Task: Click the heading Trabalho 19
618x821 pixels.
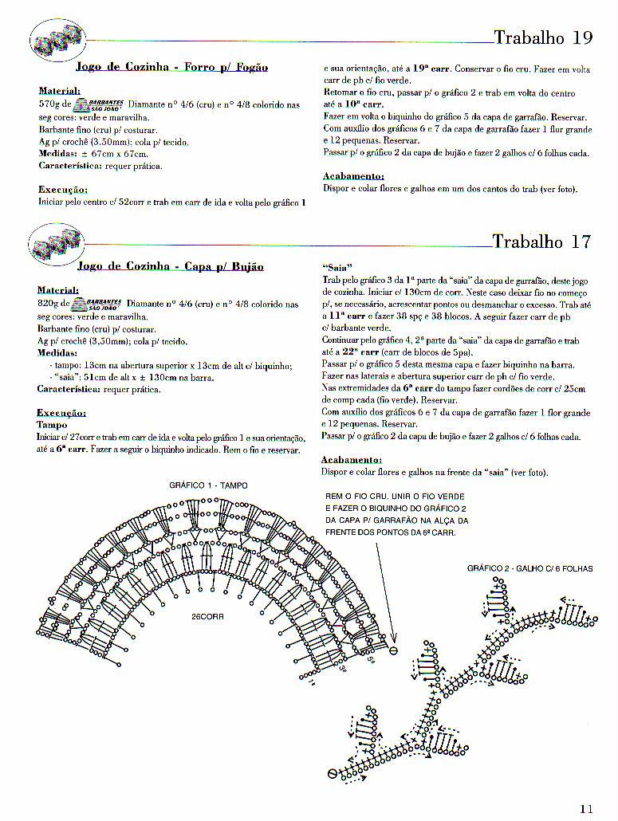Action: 542,37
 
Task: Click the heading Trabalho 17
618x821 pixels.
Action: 541,242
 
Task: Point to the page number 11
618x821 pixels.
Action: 586,808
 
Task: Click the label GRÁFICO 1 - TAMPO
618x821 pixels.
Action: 208,485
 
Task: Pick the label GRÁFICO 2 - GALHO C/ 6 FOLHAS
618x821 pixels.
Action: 530,568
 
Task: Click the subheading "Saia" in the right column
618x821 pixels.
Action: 337,267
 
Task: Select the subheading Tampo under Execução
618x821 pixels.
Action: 53,425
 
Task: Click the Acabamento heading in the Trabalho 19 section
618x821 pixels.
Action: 352,176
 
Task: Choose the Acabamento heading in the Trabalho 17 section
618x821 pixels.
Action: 351,460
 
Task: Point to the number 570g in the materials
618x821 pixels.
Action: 53,104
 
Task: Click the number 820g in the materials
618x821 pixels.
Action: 53,304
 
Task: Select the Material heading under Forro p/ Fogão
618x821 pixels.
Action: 59,91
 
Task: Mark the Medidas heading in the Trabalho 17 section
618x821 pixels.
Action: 58,352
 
